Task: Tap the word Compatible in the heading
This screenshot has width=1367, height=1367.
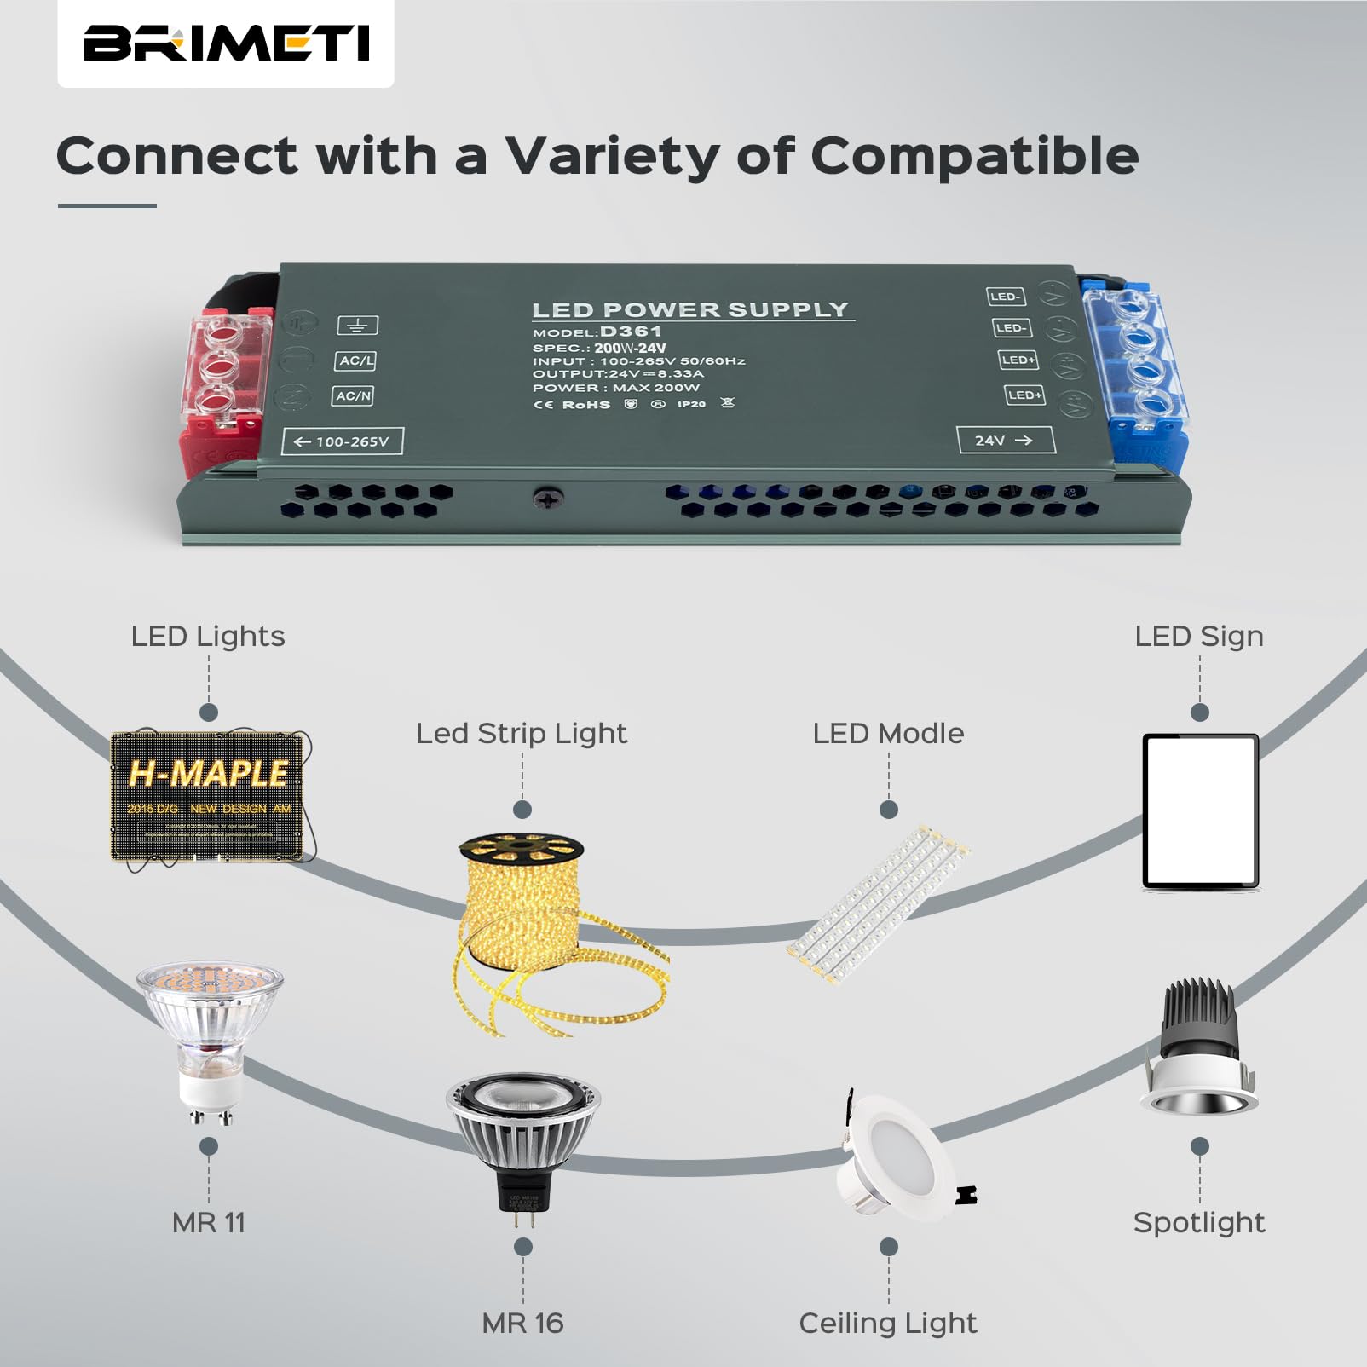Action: coord(973,156)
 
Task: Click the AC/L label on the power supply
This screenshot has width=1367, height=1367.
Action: coord(355,361)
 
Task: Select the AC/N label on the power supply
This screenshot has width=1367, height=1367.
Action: coord(353,396)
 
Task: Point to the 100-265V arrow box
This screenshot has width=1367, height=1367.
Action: coord(342,441)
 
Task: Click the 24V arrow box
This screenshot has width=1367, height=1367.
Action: coord(1005,440)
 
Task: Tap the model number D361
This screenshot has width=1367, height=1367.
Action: coord(631,332)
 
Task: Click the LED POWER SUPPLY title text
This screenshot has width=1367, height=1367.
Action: coord(690,310)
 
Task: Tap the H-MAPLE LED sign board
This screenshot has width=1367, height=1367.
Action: coord(208,794)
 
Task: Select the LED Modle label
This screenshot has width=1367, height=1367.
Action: coord(888,733)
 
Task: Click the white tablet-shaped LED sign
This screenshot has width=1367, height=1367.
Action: coord(1200,811)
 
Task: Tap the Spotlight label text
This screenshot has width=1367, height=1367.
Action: coord(1199,1222)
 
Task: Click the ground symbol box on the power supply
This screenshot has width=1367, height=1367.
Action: coord(357,326)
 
